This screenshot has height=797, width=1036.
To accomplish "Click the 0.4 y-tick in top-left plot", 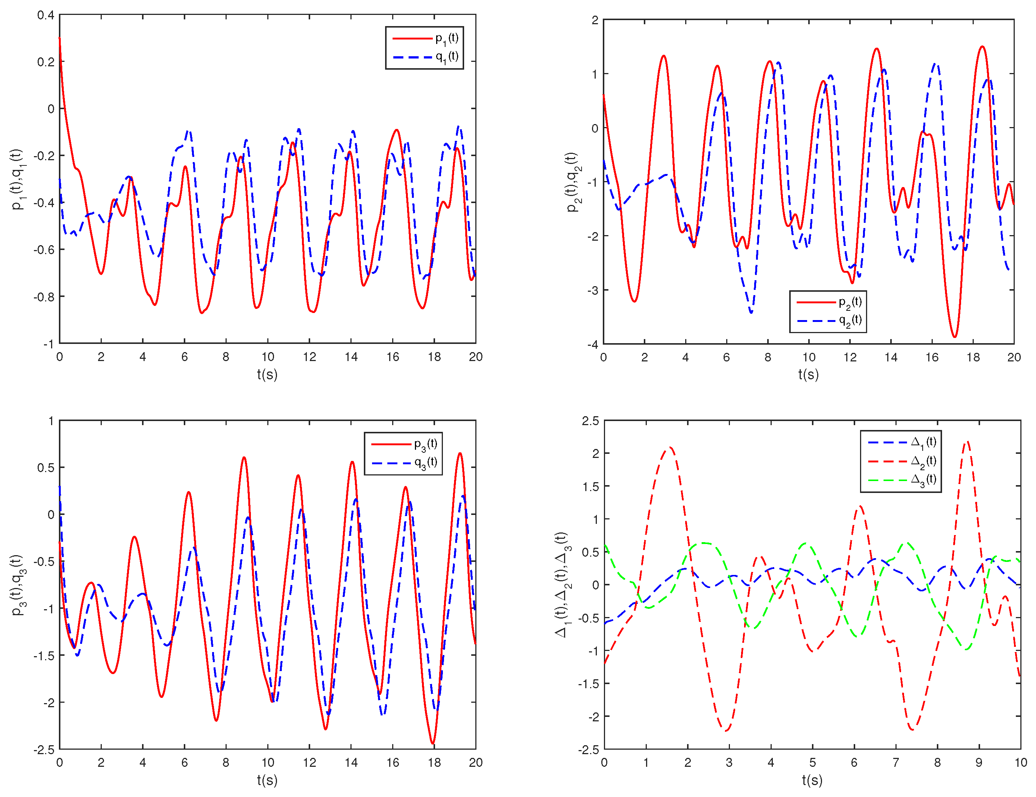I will coord(45,15).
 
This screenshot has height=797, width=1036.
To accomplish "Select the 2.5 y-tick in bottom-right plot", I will coord(590,421).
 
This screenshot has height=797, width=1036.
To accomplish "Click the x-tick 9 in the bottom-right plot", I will coord(979,763).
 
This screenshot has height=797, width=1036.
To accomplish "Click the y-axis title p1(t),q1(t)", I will coord(18,179).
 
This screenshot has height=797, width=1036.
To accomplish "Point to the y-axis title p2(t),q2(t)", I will coord(573,182).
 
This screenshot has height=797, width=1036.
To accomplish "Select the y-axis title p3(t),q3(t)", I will coord(18,585).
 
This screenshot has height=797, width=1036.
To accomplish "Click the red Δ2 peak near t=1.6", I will coord(670,447).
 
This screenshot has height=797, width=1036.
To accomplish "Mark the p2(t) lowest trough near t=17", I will coord(955,336).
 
